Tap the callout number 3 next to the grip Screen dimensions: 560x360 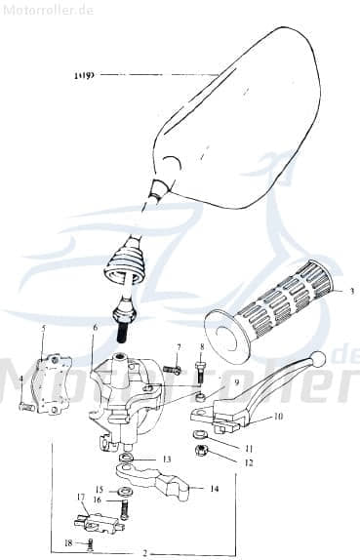point(351,291)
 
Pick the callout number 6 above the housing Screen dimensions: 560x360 point(95,329)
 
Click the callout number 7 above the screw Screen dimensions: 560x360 point(179,346)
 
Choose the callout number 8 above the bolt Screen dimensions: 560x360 point(201,346)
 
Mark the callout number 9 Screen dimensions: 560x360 point(236,380)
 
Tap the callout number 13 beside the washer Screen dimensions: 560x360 point(167,459)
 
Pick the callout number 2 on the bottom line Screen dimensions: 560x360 point(144,553)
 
